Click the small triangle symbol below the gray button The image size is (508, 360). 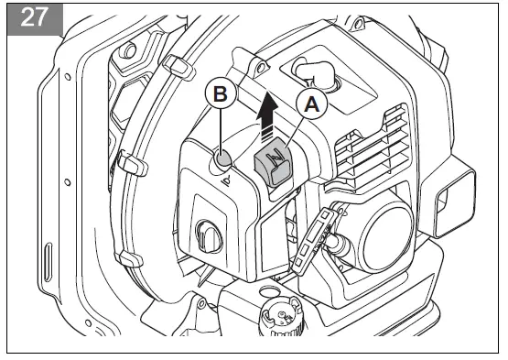[x=225, y=180]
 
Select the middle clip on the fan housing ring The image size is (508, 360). [x=132, y=164]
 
